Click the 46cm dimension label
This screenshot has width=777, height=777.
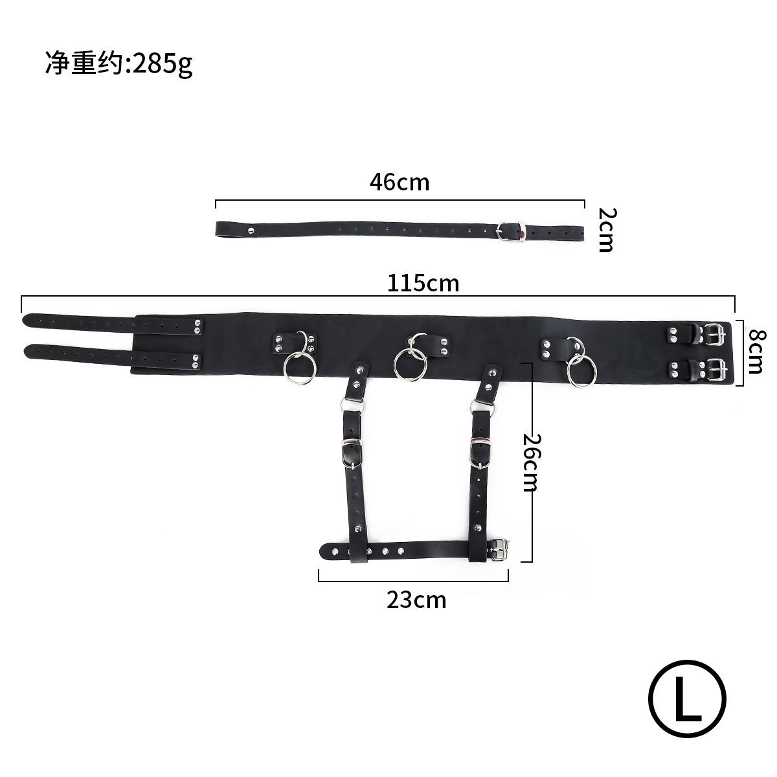(400, 182)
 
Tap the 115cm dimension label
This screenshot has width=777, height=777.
(423, 283)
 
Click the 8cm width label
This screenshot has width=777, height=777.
(756, 351)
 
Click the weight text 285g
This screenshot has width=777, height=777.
(163, 63)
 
